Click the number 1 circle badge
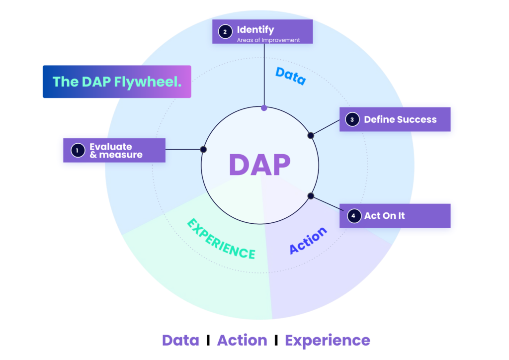78,150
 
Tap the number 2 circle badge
225,32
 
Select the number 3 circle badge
352,119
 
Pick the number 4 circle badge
353,216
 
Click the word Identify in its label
255,30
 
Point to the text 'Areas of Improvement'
268,40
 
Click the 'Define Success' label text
400,119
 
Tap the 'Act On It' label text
384,216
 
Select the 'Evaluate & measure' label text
115,151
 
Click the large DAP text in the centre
259,165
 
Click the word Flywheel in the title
147,82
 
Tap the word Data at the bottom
180,341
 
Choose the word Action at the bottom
242,341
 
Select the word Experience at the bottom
327,341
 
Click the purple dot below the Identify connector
264,107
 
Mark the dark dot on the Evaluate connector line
203,149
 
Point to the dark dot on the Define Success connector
311,135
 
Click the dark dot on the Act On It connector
311,195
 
